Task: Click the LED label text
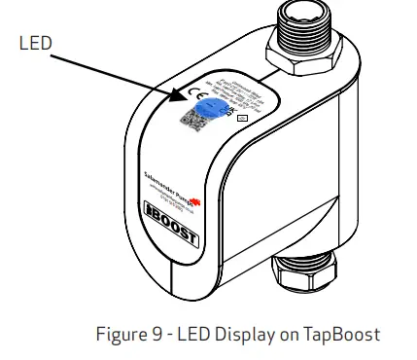37,43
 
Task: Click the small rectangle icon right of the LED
241,117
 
